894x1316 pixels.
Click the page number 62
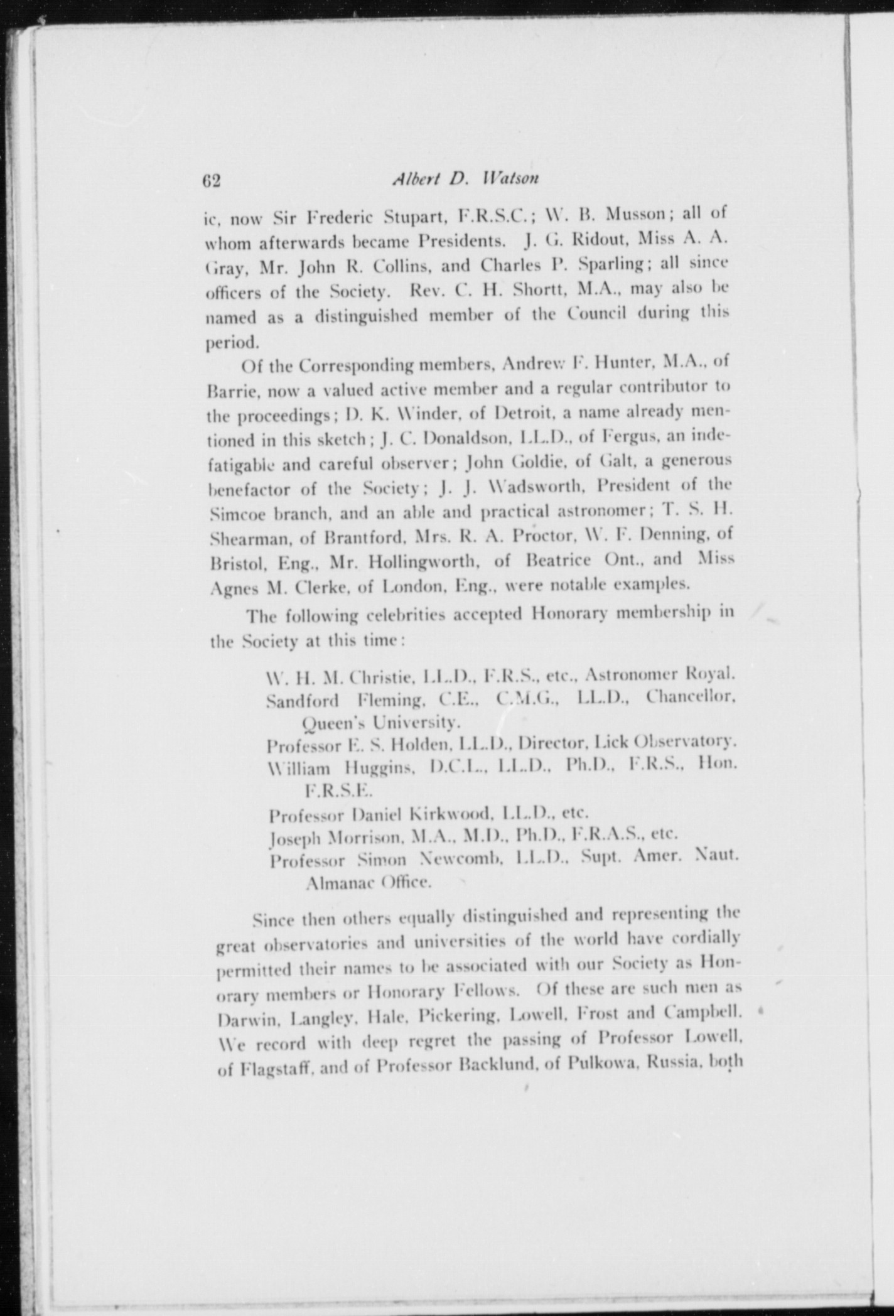pos(212,181)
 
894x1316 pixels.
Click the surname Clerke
pos(320,588)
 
